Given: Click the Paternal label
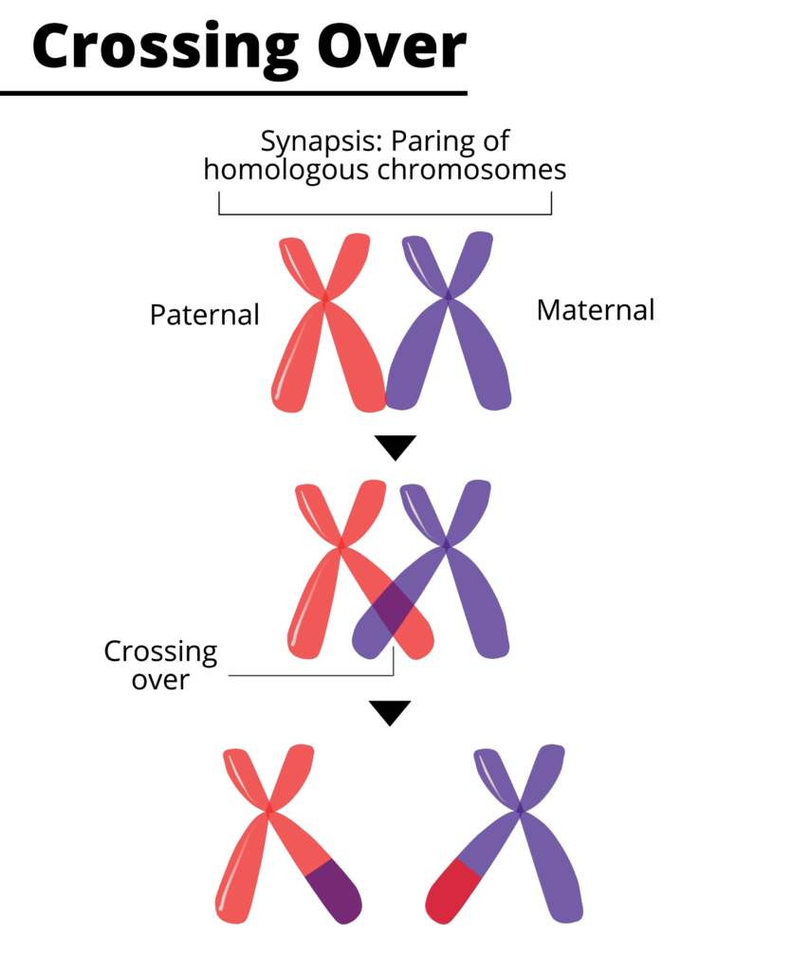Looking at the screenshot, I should tap(204, 315).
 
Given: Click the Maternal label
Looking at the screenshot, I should tap(595, 310).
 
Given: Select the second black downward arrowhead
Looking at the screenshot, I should tap(390, 712).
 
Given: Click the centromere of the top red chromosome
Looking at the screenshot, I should tap(325, 299).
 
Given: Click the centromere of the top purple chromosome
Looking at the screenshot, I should tap(449, 299).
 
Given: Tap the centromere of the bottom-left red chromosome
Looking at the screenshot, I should tap(271, 810).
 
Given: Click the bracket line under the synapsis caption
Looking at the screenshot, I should tap(385, 214).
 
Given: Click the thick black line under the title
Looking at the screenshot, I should tap(233, 93).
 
